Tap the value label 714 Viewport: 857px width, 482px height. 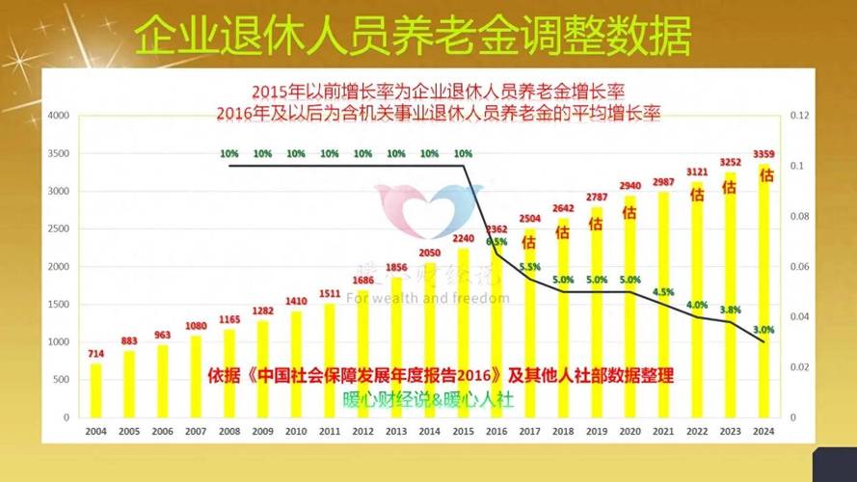point(95,354)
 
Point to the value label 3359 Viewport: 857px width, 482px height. point(764,153)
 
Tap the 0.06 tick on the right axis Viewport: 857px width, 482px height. point(799,266)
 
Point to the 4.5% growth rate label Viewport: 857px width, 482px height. point(663,290)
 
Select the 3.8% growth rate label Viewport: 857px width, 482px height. point(731,310)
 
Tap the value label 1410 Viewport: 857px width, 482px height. point(296,301)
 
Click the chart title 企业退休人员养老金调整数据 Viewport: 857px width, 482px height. point(412,36)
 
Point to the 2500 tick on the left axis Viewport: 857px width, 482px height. point(58,228)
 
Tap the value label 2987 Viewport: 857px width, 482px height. point(663,182)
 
